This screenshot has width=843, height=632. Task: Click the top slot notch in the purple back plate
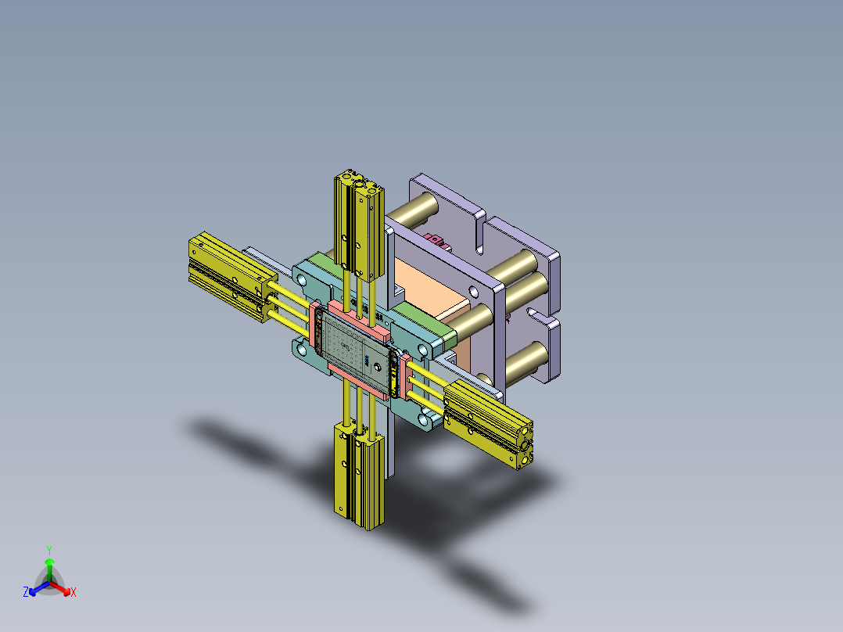[x=479, y=235]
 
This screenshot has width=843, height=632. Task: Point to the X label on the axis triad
[x=74, y=593]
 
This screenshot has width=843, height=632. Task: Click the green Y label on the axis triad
[x=49, y=550]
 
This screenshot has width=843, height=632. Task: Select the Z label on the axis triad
[x=26, y=593]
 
